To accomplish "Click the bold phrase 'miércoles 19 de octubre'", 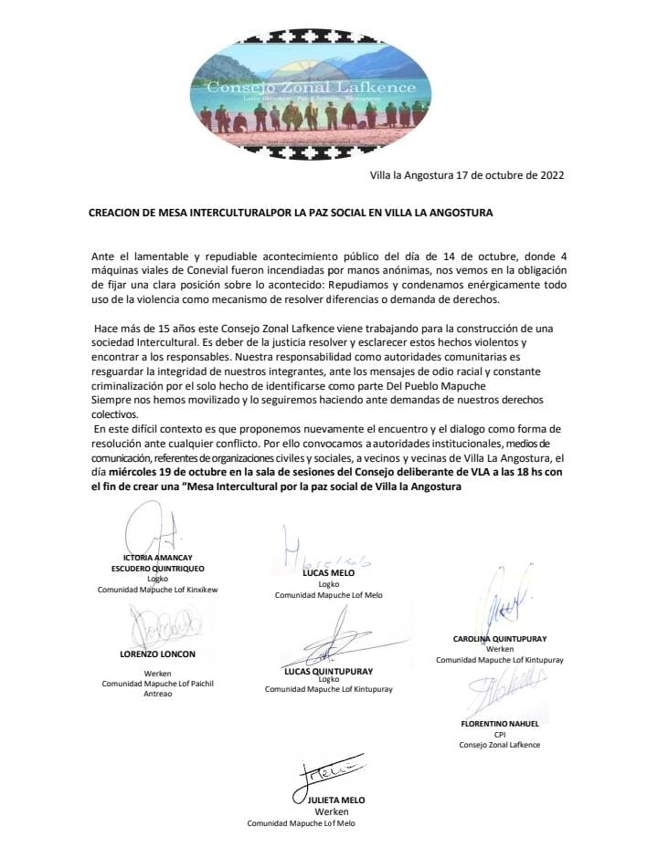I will pos(171,472).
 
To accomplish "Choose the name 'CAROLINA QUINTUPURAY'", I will pos(499,638).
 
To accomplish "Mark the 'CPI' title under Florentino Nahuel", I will pos(499,734).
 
